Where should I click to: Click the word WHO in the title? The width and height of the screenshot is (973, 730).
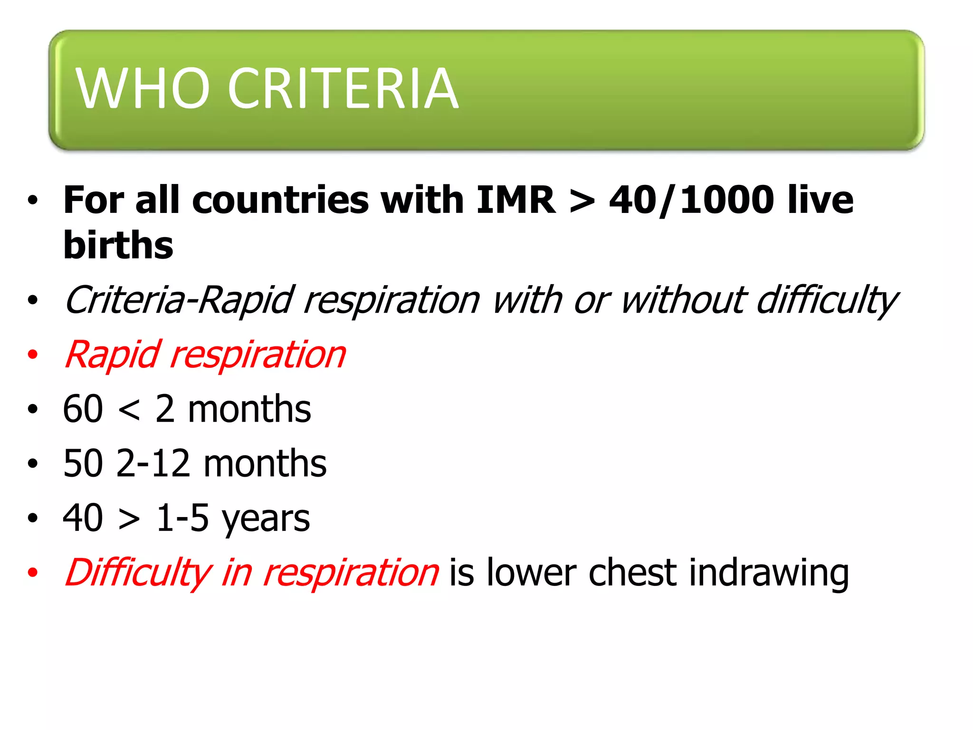coord(142,88)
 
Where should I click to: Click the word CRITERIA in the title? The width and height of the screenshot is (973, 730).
coord(343,88)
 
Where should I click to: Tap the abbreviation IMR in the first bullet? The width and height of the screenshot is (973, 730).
coord(515,200)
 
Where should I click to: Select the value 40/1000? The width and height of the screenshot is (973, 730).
coord(691,200)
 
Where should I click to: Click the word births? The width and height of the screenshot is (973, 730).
coord(118,245)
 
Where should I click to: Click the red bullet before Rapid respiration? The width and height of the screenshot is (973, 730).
coord(32,355)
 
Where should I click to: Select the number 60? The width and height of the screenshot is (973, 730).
coord(83,409)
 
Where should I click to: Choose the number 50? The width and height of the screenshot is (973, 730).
coord(83,463)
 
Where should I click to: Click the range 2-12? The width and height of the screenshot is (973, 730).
coord(153,463)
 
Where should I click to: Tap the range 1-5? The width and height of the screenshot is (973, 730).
coord(182,518)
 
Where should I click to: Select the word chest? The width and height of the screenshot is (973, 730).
coord(632,573)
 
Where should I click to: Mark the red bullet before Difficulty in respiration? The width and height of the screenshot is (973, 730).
coord(32,572)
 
